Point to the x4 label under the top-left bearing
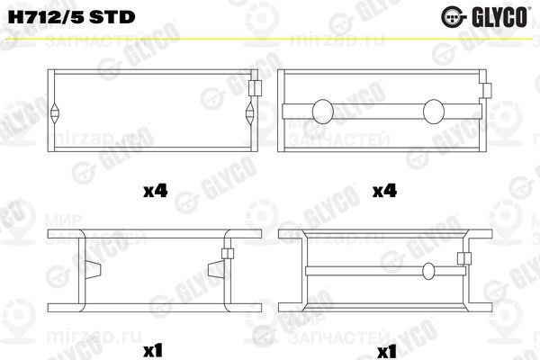click(x=156, y=191)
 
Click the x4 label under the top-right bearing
click(x=385, y=191)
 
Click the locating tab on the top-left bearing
click(x=255, y=87)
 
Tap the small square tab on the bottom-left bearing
click(x=227, y=256)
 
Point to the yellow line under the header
click(x=270, y=38)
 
